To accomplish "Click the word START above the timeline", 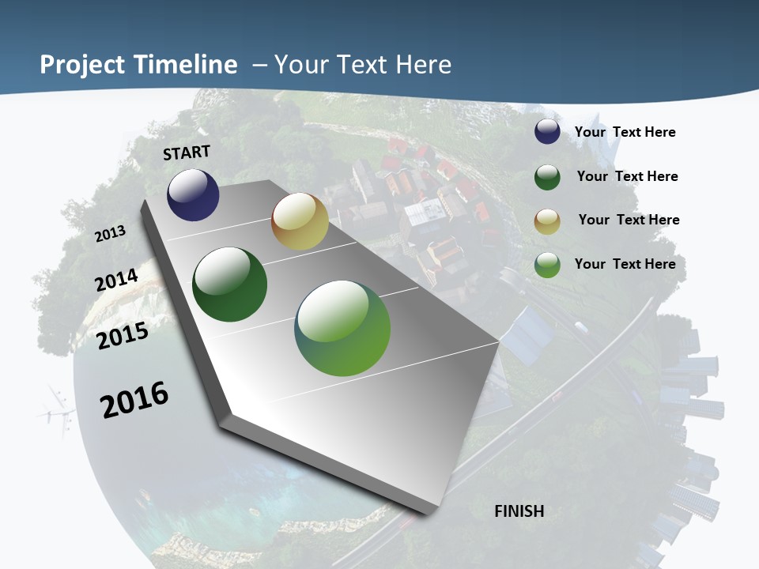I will click(187, 153).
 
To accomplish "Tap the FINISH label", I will click(519, 511).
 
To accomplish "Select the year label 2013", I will click(111, 234).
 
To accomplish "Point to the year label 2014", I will click(117, 281).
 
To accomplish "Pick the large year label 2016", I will click(134, 400).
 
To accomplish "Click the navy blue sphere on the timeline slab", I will click(193, 194).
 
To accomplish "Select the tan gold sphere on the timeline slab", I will click(300, 221).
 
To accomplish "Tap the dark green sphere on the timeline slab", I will click(230, 284).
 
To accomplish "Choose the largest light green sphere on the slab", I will click(342, 328).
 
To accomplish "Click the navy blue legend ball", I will click(547, 132).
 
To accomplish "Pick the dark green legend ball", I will click(547, 177).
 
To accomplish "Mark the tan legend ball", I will click(547, 221).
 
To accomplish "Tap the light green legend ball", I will click(547, 265).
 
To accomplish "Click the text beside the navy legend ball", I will click(625, 132).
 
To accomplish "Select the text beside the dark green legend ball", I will click(627, 176).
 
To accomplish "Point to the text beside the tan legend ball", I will click(629, 220).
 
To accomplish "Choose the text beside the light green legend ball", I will click(625, 264).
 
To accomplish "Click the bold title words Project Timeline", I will click(138, 65).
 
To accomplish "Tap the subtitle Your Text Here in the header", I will click(363, 65).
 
